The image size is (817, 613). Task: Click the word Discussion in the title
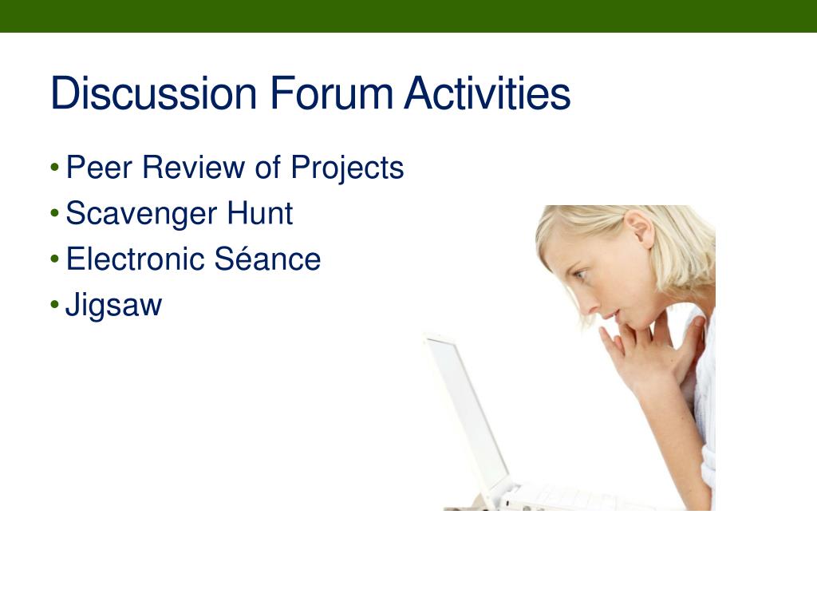(x=154, y=93)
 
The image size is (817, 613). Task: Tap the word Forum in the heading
(x=331, y=93)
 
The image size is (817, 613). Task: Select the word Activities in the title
(x=487, y=93)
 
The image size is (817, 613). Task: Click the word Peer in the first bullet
(x=99, y=168)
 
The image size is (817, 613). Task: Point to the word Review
(x=193, y=168)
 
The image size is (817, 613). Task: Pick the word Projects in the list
(x=347, y=168)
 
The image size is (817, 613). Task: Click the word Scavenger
(x=141, y=214)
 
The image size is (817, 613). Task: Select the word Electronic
(x=135, y=259)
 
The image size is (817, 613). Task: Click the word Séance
(x=267, y=259)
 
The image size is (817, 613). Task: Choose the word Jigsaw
(x=113, y=306)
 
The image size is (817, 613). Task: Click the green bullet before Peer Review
(x=55, y=168)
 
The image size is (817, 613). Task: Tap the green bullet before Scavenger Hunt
(x=55, y=213)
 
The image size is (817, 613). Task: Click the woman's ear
(x=639, y=229)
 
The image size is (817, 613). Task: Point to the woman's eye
(x=580, y=274)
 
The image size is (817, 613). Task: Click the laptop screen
(x=467, y=411)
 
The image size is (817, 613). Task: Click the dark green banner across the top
(x=408, y=16)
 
